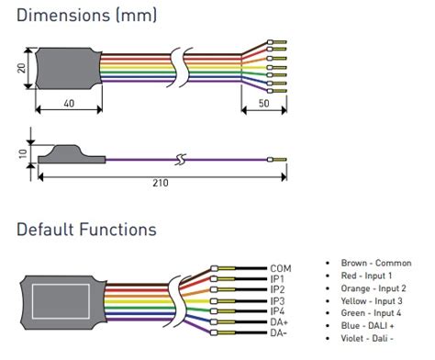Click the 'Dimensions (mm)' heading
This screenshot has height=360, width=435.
coord(86,16)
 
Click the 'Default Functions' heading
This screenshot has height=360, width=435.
coord(86,230)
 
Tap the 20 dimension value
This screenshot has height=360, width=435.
coord(21,68)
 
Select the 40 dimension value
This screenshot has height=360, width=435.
coord(69,103)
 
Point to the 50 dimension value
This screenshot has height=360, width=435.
coord(264,103)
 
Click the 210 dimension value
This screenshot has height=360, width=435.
coord(161,183)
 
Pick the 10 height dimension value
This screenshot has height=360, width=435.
coord(23,153)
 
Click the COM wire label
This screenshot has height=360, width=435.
coord(281,269)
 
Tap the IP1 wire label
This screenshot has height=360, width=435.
coord(277,279)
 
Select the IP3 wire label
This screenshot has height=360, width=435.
coord(277,301)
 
